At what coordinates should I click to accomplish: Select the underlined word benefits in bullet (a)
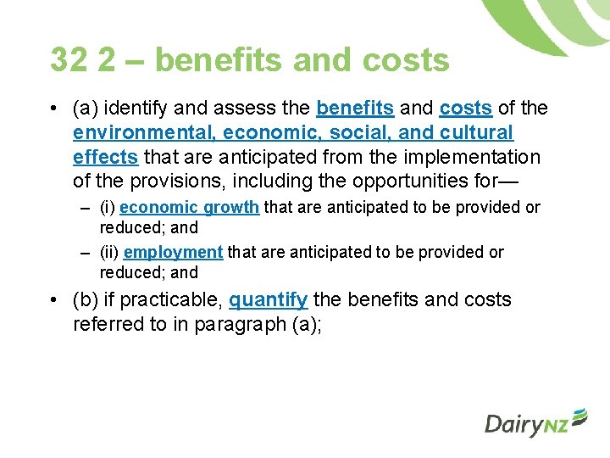(x=354, y=109)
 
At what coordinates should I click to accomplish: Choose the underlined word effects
(x=105, y=158)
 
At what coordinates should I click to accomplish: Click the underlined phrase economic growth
(x=189, y=208)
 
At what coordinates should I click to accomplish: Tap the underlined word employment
(x=173, y=252)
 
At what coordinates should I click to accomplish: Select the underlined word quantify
(x=268, y=300)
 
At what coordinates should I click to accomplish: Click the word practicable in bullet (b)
(x=175, y=300)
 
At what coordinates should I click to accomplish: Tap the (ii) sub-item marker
(x=109, y=252)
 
